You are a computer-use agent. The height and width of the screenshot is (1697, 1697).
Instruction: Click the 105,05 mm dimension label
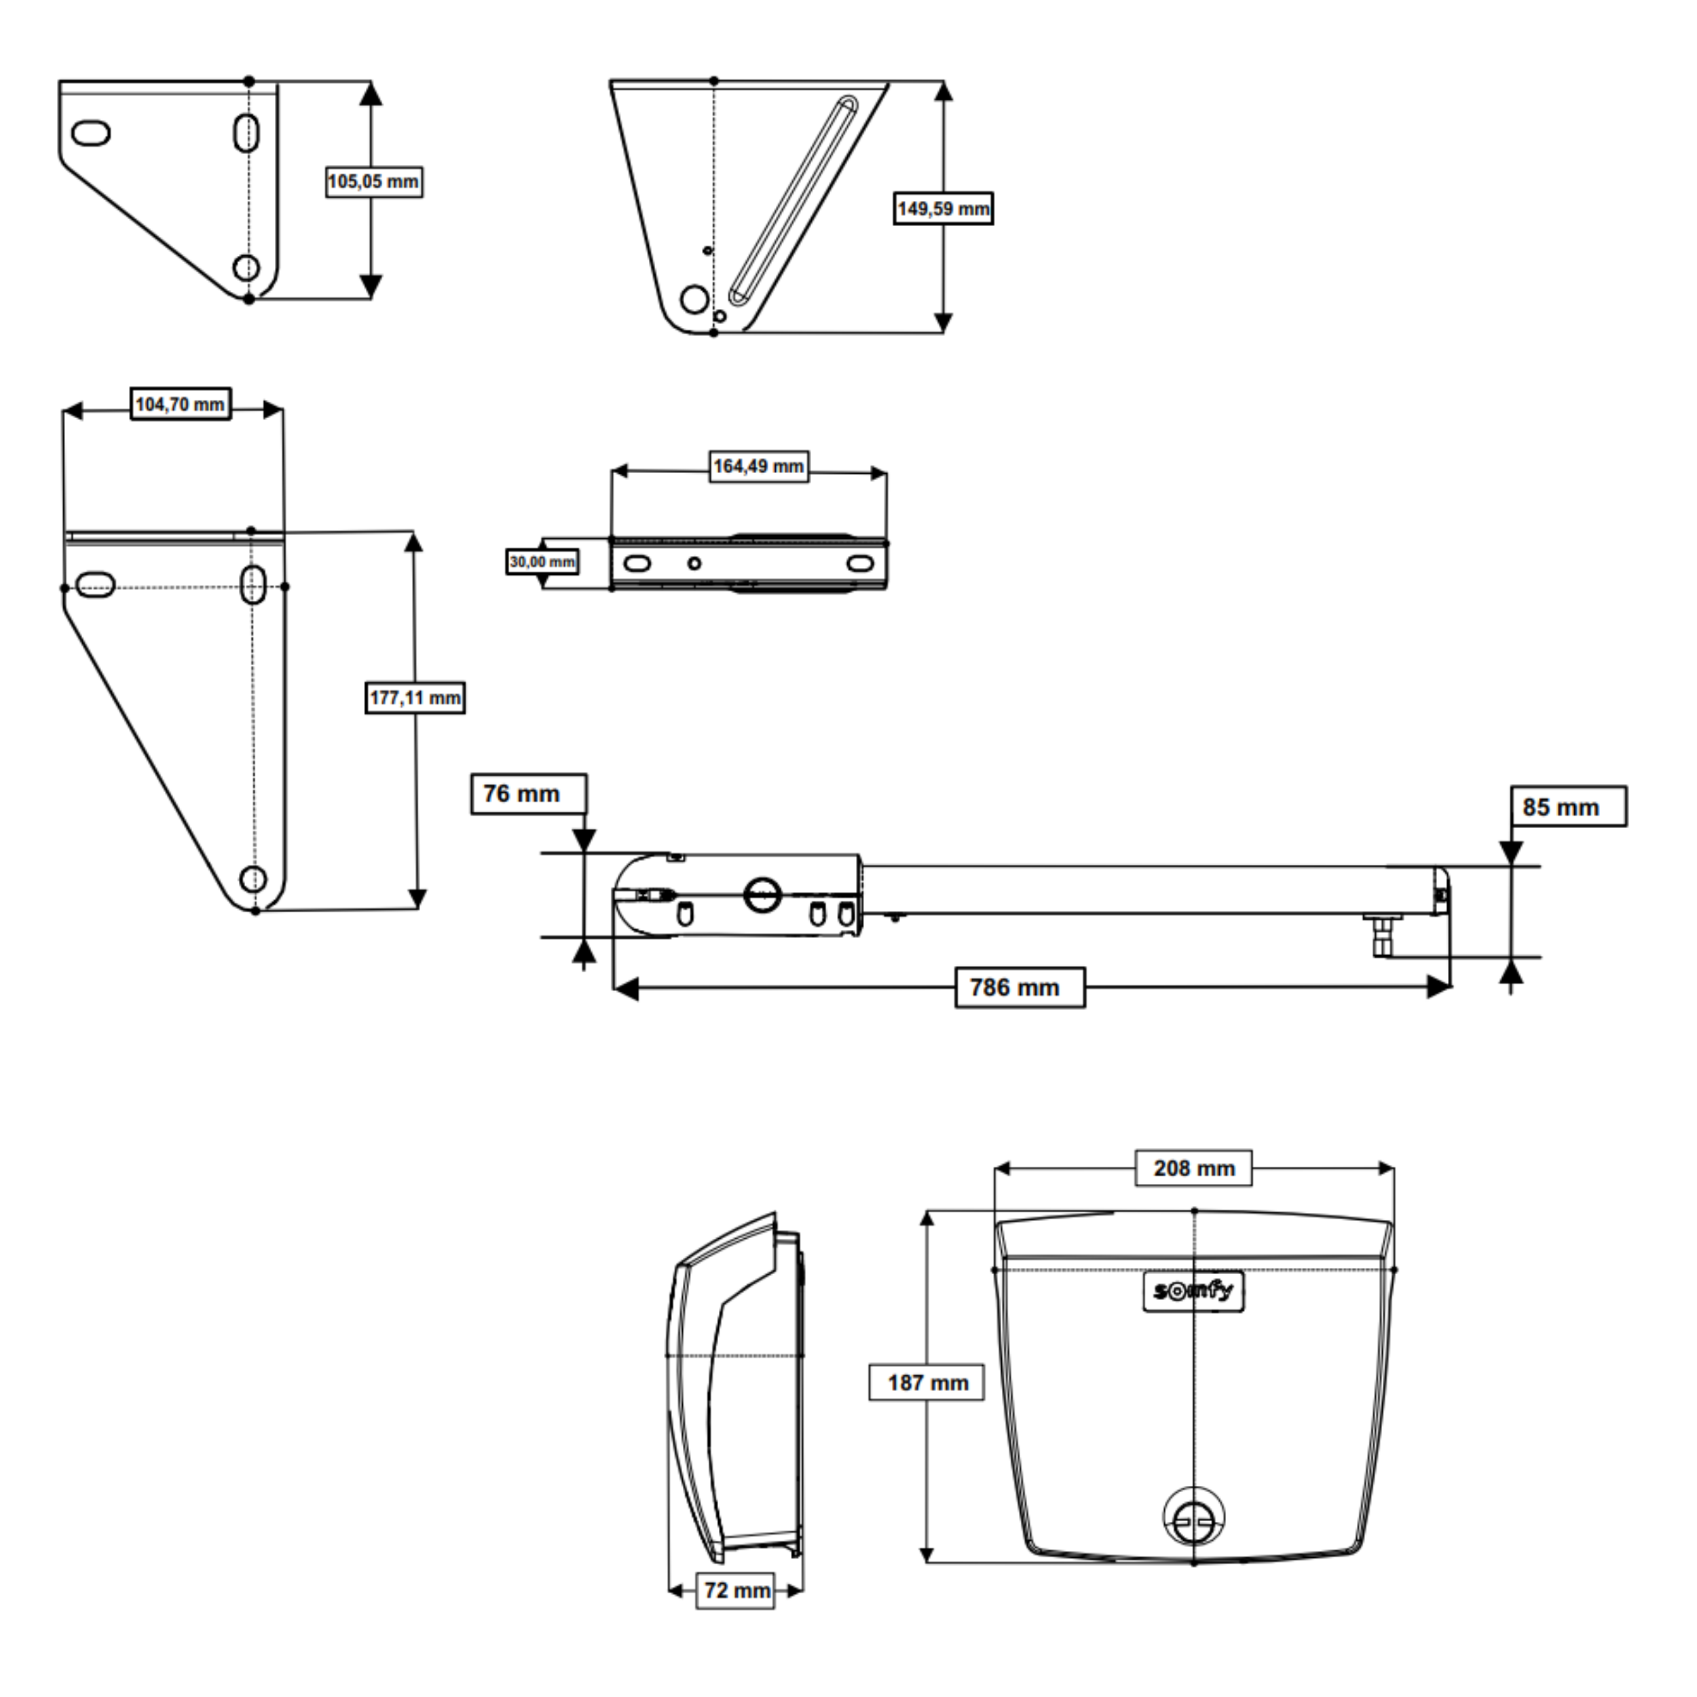tap(373, 182)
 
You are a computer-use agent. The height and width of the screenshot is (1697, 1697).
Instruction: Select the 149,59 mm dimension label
tap(944, 209)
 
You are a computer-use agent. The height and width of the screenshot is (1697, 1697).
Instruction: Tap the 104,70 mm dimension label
tap(180, 404)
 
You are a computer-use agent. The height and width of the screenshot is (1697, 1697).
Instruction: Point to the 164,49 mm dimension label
tap(758, 466)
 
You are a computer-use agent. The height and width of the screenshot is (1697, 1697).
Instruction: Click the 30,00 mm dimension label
tap(542, 561)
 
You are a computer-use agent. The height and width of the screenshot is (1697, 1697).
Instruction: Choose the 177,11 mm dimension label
tap(415, 698)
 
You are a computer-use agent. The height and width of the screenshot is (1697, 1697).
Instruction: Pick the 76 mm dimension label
tap(528, 794)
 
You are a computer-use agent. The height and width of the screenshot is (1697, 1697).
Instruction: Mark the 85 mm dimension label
tap(1568, 806)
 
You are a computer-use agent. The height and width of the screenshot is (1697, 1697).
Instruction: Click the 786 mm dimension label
tap(1020, 987)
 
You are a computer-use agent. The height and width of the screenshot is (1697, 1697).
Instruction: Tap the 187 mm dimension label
tap(926, 1383)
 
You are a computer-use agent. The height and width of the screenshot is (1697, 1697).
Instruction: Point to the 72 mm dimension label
tap(735, 1590)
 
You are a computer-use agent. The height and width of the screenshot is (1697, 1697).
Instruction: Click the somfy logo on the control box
tap(1193, 1291)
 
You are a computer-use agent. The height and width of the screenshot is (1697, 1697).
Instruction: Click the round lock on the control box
tap(1194, 1518)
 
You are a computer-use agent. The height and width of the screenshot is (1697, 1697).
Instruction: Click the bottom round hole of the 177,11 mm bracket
tap(253, 878)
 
